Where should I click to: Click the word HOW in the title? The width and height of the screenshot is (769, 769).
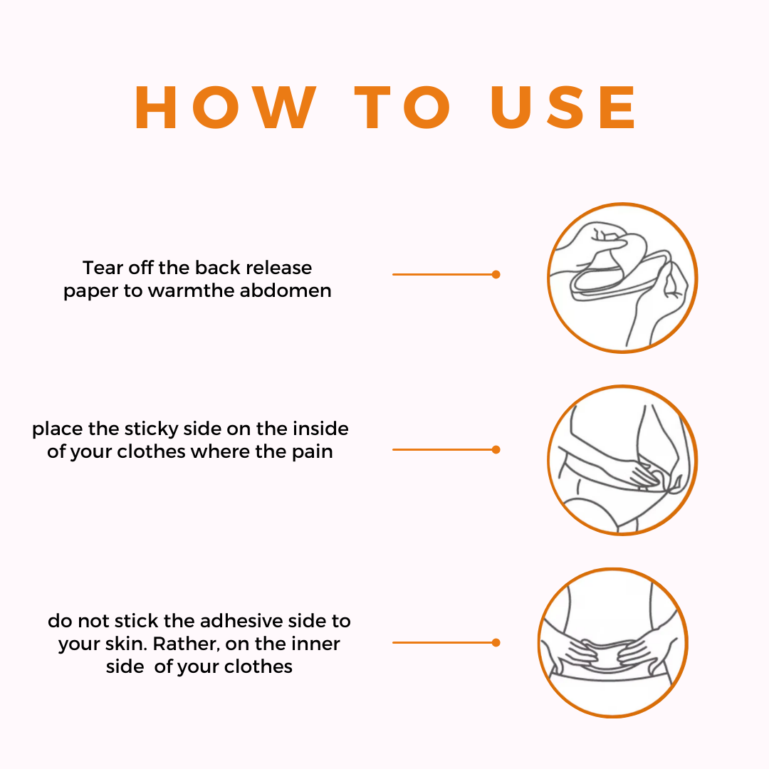pos(226,108)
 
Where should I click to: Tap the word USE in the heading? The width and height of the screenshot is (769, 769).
pos(563,108)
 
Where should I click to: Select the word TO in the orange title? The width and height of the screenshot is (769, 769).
pos(402,108)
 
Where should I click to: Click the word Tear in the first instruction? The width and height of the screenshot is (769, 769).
pos(103,268)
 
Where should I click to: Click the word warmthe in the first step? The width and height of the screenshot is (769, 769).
pos(191,291)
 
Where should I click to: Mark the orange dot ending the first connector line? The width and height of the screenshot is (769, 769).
pos(496,274)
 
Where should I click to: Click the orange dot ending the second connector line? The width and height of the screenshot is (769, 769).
pos(496,449)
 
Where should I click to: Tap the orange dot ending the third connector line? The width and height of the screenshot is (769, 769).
pos(496,642)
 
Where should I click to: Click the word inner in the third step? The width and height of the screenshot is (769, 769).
pos(315,644)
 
